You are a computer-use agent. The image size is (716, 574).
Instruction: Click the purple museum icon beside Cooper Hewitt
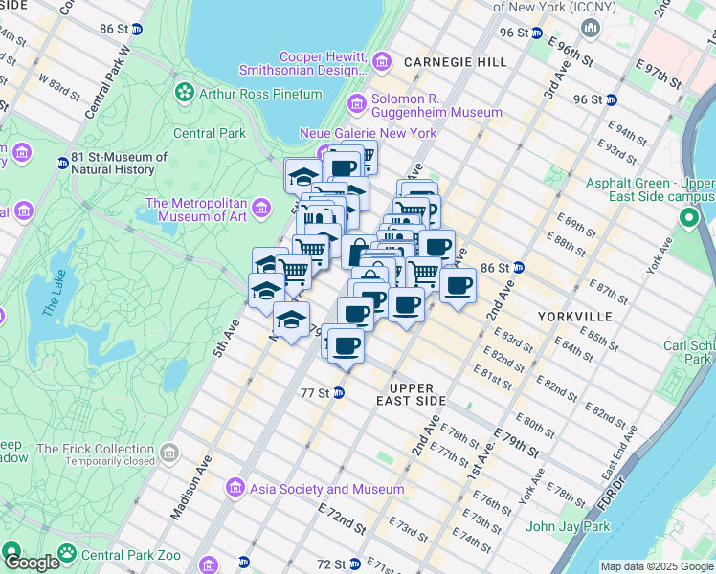click(382, 63)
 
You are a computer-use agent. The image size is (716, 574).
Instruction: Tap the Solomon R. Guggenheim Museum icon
click(356, 103)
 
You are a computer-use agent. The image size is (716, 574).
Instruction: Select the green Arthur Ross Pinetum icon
click(183, 93)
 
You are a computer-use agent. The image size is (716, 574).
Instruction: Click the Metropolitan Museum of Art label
click(196, 210)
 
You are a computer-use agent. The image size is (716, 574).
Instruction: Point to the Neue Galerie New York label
click(368, 133)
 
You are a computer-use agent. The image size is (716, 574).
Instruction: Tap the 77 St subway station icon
click(339, 393)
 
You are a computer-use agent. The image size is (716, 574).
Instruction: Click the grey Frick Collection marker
click(169, 451)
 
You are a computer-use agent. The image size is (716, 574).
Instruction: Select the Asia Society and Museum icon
click(235, 489)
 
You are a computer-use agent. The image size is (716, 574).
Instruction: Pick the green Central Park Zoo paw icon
click(66, 552)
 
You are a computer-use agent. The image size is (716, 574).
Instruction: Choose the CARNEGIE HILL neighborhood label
click(456, 62)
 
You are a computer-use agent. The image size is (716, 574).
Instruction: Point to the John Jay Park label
click(568, 526)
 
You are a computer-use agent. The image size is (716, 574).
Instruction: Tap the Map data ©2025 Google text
click(657, 566)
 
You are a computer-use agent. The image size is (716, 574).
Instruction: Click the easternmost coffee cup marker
click(459, 285)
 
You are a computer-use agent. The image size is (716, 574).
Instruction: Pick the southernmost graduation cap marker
click(292, 320)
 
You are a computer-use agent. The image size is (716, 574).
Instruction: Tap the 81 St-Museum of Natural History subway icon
click(63, 164)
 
